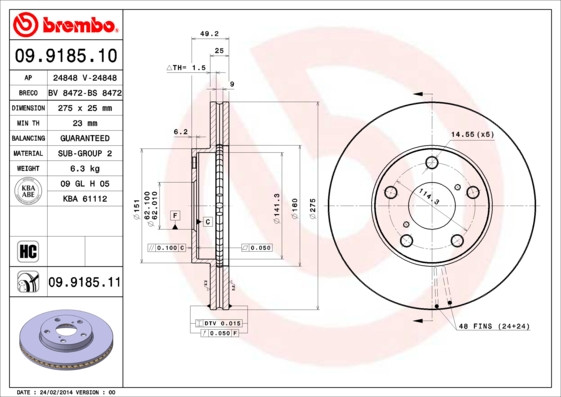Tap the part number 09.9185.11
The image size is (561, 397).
[84, 283]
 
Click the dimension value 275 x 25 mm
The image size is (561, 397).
[83, 106]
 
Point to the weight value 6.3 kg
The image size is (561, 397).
[83, 169]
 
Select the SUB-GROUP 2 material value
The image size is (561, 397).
[83, 153]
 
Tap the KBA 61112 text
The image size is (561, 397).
[83, 200]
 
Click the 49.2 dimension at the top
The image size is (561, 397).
[209, 33]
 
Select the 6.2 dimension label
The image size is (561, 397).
[180, 131]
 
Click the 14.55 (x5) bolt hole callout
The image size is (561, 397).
[472, 134]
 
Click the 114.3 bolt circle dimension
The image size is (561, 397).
[429, 197]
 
